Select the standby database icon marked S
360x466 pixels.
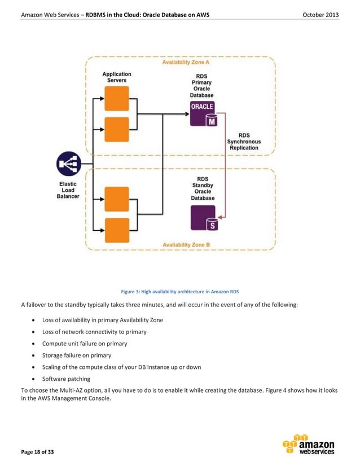[x=203, y=218]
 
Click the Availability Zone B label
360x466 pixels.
[x=186, y=245]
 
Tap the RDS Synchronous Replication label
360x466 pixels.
[x=244, y=142]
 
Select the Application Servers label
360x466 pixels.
[x=117, y=77]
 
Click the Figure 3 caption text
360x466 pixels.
[x=179, y=291]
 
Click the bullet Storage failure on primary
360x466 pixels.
[x=76, y=355]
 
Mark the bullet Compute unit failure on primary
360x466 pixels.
[x=85, y=344]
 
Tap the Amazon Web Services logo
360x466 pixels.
[x=309, y=444]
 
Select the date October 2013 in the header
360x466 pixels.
[x=321, y=14]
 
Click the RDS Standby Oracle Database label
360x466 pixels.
[x=203, y=189]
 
